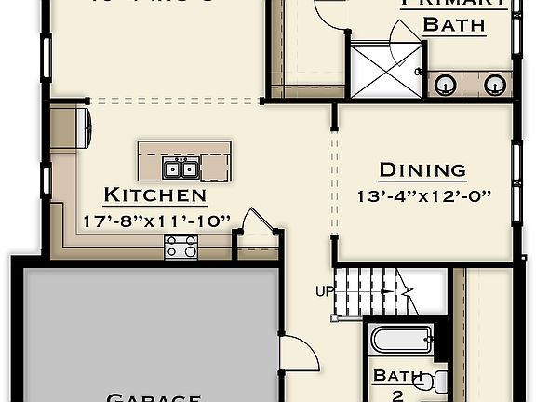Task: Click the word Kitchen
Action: tap(154, 195)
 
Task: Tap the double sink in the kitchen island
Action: tap(181, 168)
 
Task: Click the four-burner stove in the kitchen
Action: tap(181, 247)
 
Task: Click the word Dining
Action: tap(422, 170)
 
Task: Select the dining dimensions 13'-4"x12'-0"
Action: tap(423, 196)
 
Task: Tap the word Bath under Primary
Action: tap(454, 25)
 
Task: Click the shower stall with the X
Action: tap(379, 67)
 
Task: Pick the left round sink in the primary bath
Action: tap(446, 85)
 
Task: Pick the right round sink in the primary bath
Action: tap(495, 85)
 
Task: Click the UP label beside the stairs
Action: tap(325, 291)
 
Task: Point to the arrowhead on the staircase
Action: tap(408, 291)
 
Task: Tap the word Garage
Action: tap(154, 397)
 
